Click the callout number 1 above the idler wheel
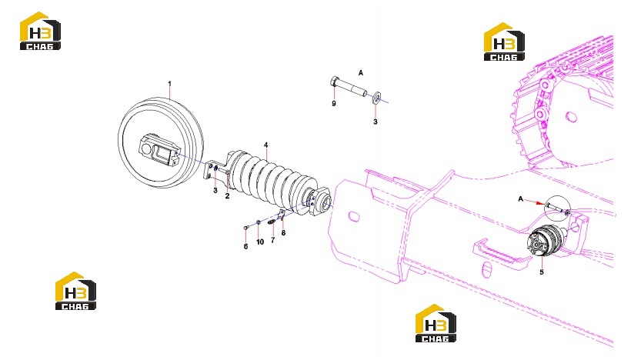(169, 84)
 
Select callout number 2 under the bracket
(227, 195)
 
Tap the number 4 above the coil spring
(266, 145)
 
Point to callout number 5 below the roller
(542, 272)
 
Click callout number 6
(245, 246)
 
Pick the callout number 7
(273, 240)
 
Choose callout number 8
(283, 233)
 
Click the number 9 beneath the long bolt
(334, 103)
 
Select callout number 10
(260, 242)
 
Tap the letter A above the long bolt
(361, 73)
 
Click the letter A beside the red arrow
(520, 198)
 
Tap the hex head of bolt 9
(334, 82)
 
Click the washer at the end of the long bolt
(376, 98)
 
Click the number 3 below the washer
(376, 122)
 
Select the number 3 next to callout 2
(215, 191)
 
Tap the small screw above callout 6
(245, 227)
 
